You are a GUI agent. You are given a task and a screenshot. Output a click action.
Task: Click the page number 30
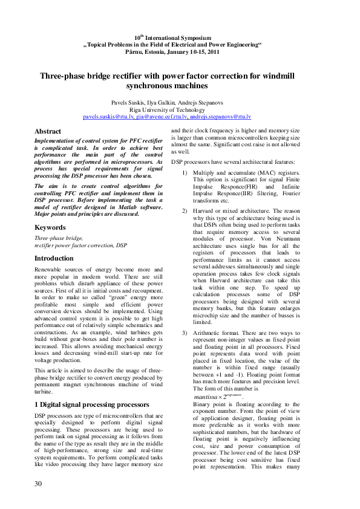[38, 484]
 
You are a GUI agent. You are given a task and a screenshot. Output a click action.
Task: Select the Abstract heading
[48, 131]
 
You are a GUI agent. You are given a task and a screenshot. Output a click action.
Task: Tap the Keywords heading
[50, 227]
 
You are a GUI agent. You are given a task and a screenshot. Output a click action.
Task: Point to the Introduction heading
[54, 258]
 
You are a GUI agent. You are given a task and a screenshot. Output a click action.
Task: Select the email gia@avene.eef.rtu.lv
[160, 115]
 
